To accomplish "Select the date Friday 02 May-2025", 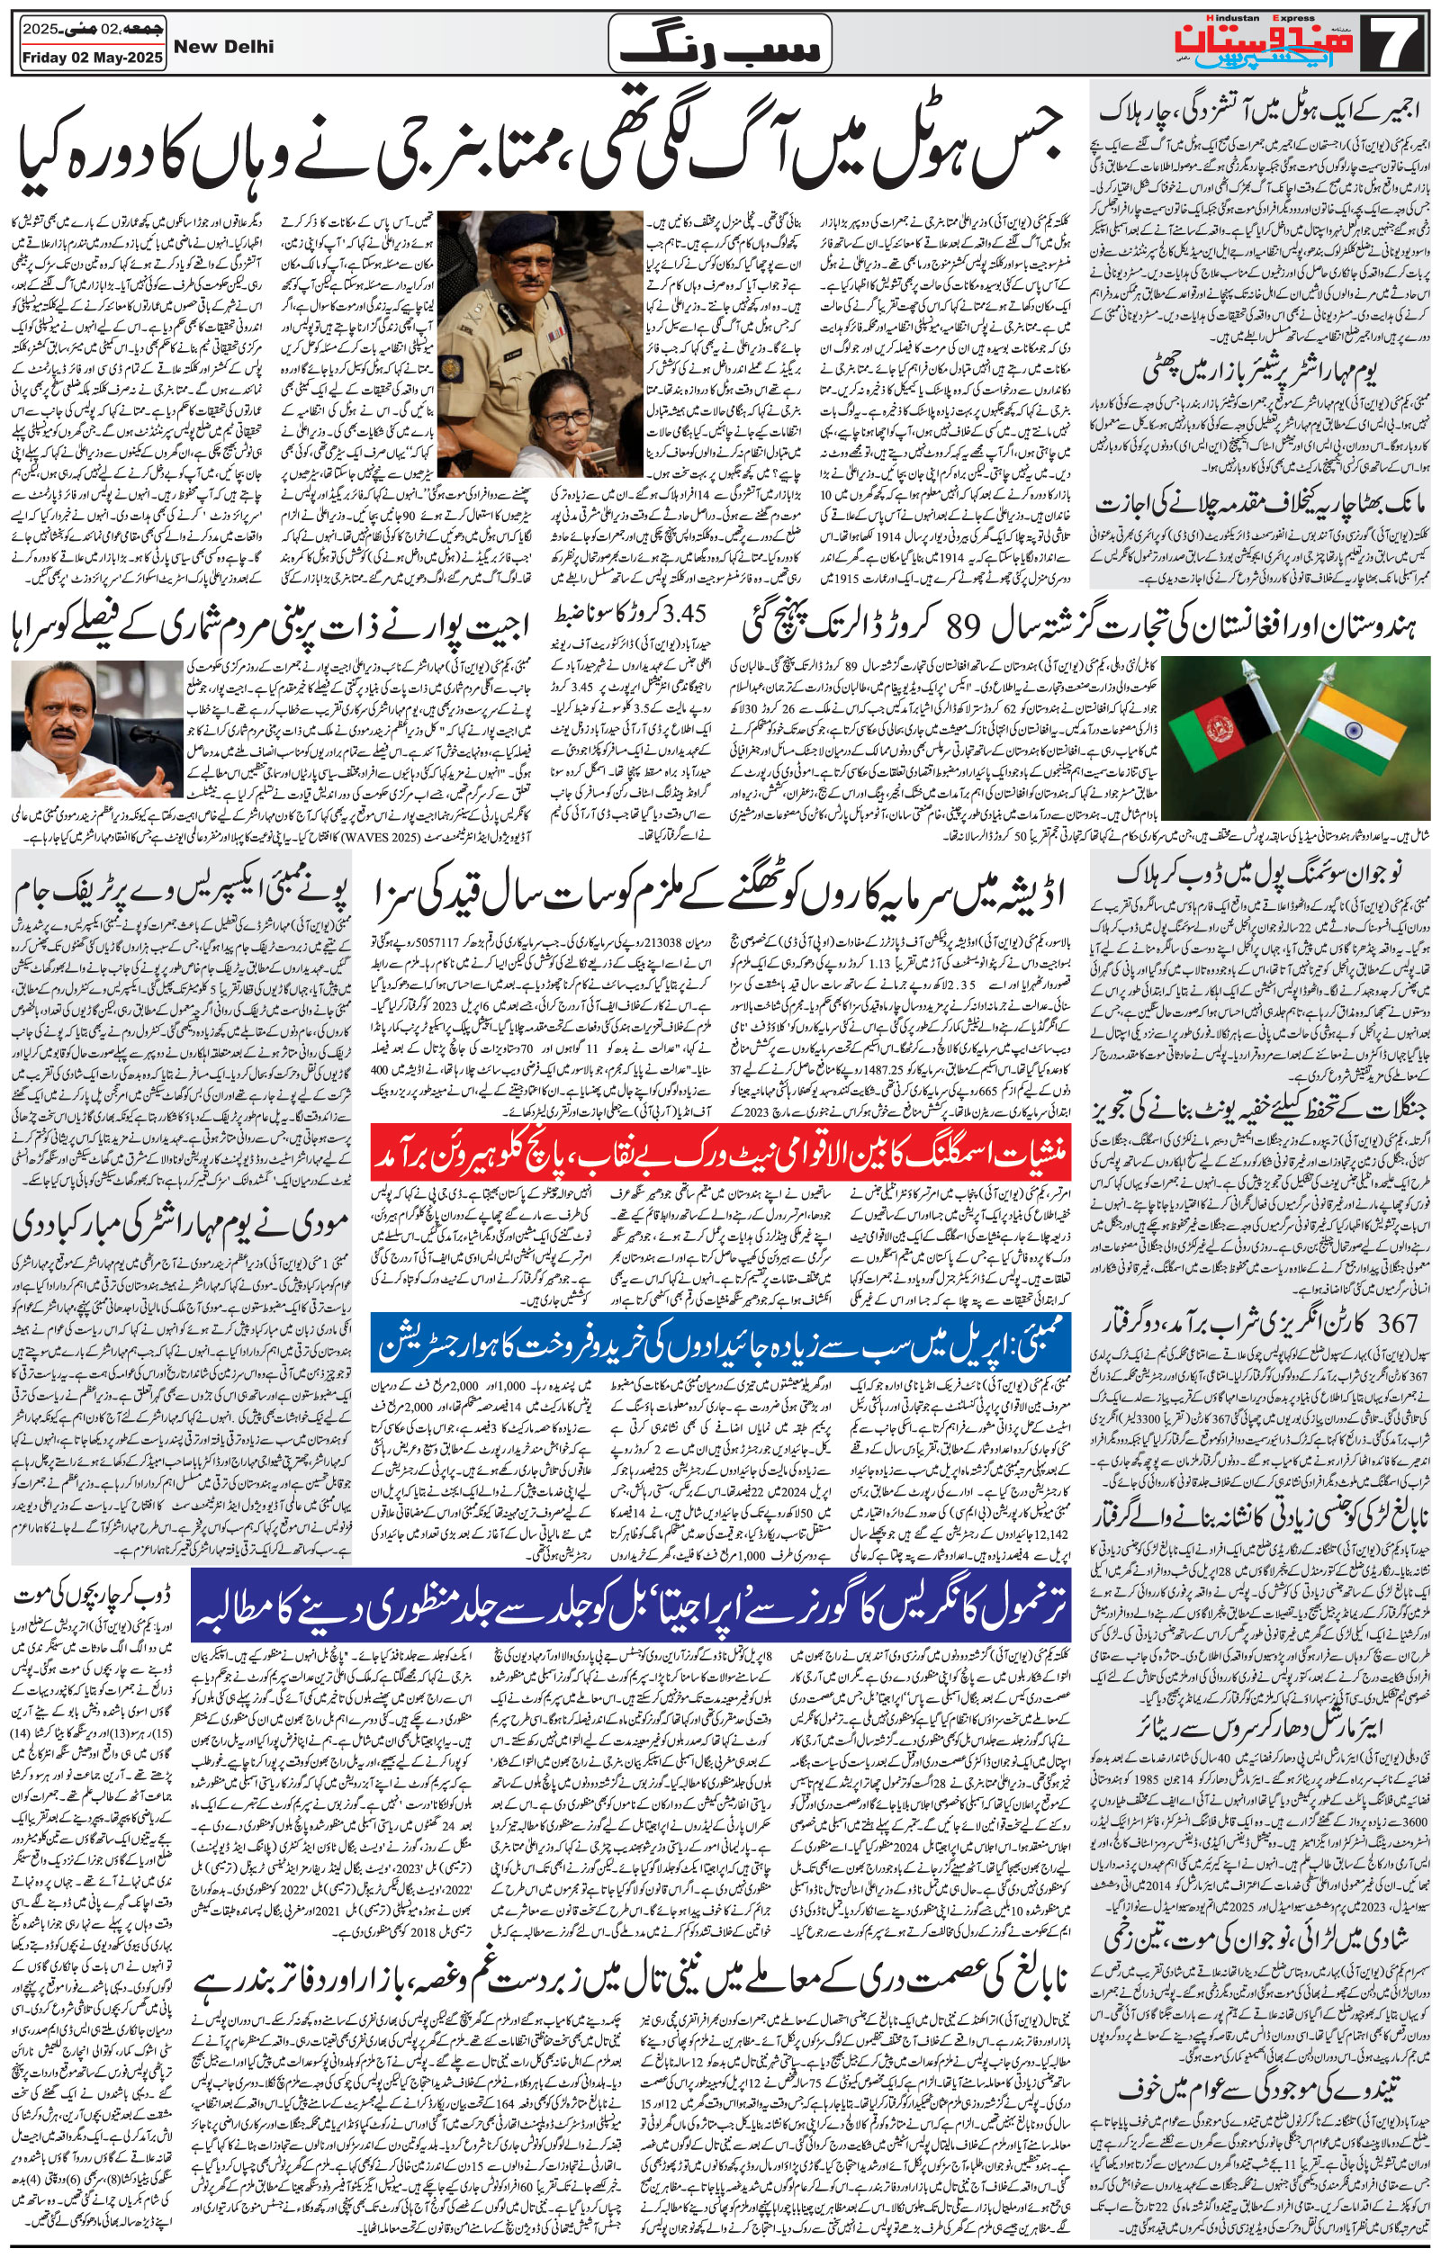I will (90, 58).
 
